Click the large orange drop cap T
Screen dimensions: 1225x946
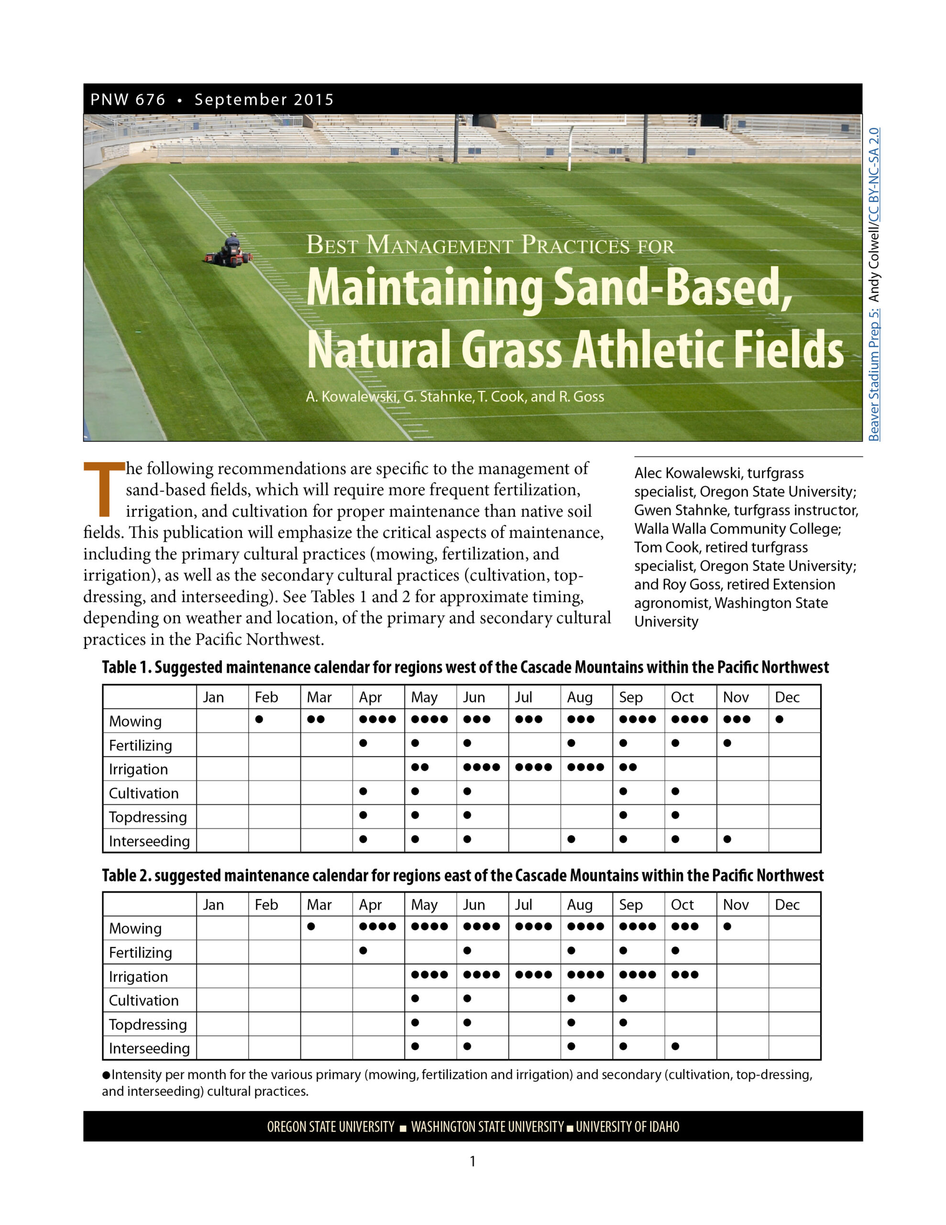pyautogui.click(x=104, y=488)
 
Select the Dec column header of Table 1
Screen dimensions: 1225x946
pyautogui.click(x=787, y=697)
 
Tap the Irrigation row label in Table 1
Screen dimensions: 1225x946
pyautogui.click(x=139, y=769)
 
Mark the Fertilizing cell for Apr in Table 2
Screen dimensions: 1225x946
pyautogui.click(x=378, y=951)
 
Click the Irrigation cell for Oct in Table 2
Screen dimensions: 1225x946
pyautogui.click(x=690, y=975)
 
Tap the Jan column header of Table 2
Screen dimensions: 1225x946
pyautogui.click(x=213, y=905)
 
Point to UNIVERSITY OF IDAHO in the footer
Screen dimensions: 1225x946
pyautogui.click(x=627, y=1127)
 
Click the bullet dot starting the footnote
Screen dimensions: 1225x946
pyautogui.click(x=106, y=1075)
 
